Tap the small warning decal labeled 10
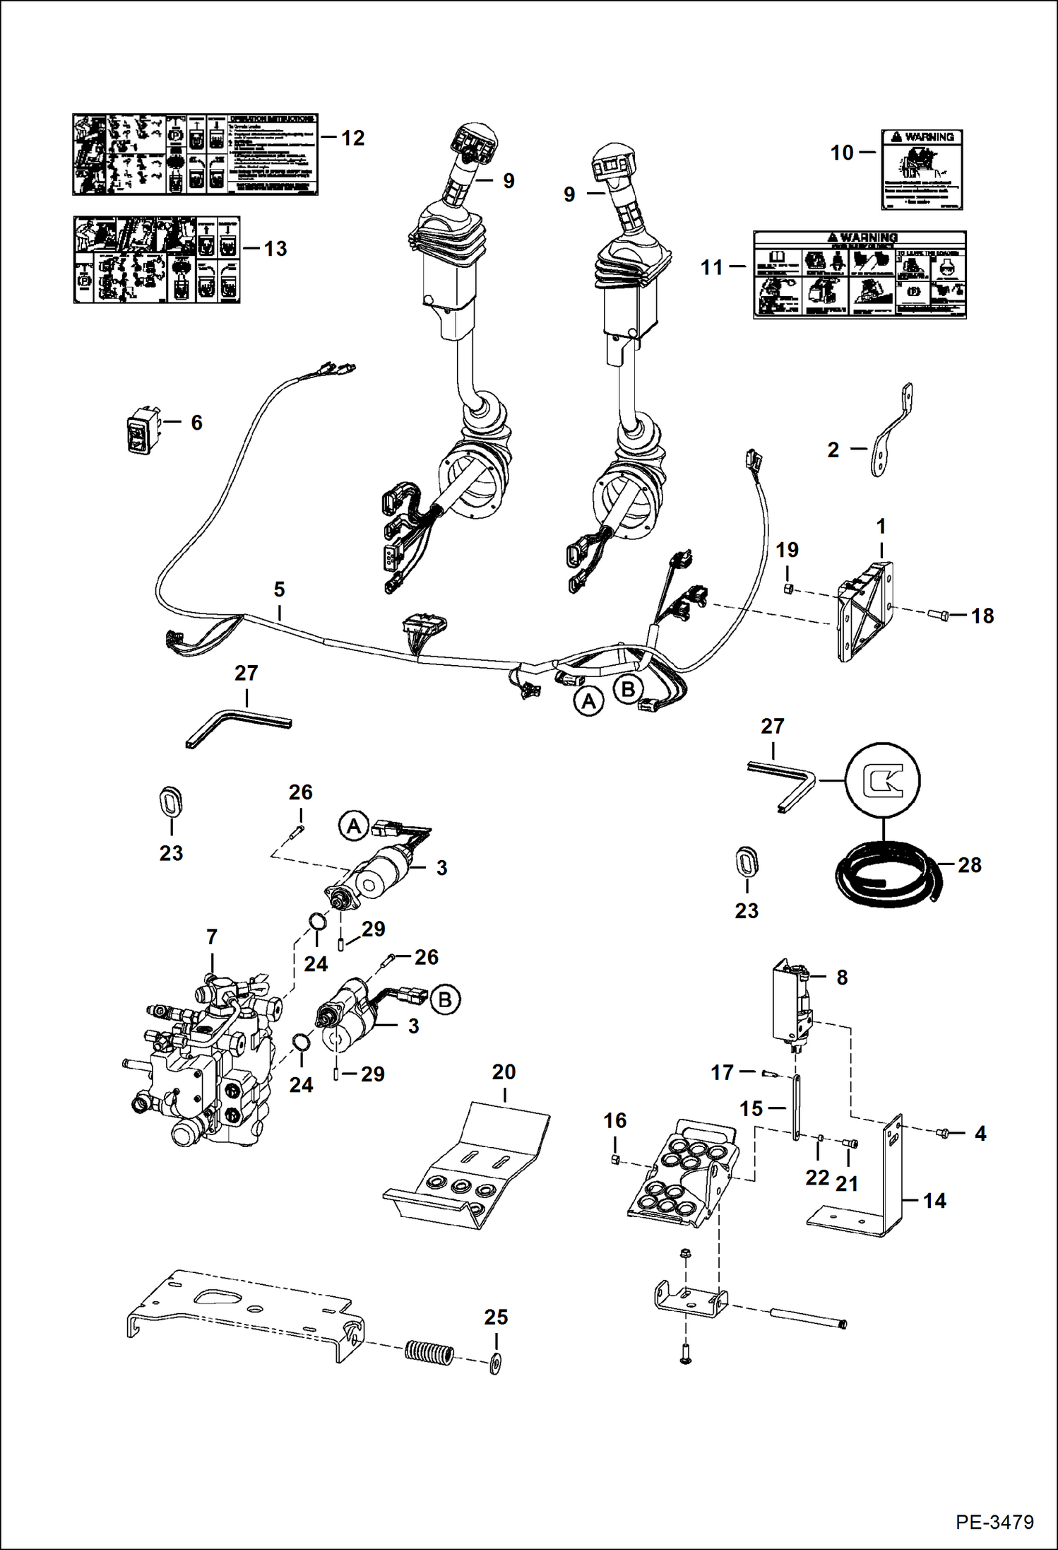pos(922,170)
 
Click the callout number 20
pos(504,1072)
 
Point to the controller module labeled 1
pos(864,611)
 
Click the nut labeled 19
pos(788,588)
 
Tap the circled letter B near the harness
pos(628,688)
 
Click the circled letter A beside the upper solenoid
pos(354,826)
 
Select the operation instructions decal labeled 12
pos(195,154)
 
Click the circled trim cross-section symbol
pos(883,780)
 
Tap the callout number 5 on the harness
pos(279,589)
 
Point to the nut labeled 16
pos(614,1160)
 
